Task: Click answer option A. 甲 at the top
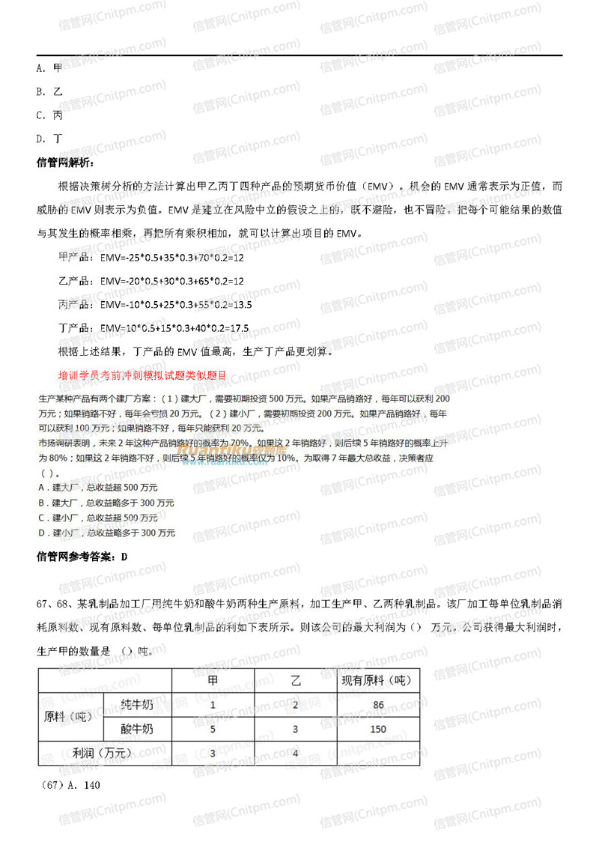49,68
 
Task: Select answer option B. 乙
49,92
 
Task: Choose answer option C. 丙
49,115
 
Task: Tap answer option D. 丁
49,139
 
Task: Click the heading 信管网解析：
65,162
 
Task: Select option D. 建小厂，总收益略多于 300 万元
106,533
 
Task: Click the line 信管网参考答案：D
82,557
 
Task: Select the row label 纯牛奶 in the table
137,706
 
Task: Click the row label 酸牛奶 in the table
137,729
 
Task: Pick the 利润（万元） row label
104,753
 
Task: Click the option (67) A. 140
68,785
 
